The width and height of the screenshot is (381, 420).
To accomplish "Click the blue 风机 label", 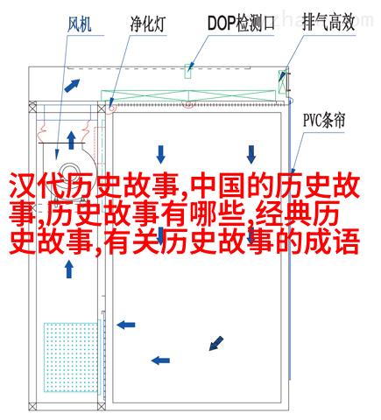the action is pyautogui.click(x=80, y=24).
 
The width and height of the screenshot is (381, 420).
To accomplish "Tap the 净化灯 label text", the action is pyautogui.click(x=148, y=24).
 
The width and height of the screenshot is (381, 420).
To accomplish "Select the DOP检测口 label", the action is pyautogui.click(x=241, y=23).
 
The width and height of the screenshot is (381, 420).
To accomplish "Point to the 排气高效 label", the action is pyautogui.click(x=328, y=23).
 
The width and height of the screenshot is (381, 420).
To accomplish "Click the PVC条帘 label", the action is pyautogui.click(x=324, y=120).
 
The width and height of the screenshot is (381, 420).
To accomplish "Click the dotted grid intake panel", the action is pyautogui.click(x=71, y=357).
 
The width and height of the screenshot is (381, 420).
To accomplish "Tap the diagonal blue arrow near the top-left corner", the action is pyautogui.click(x=72, y=86).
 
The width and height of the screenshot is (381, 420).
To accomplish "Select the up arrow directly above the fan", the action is pyautogui.click(x=71, y=140).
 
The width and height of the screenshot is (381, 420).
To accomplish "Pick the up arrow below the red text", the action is pyautogui.click(x=69, y=269).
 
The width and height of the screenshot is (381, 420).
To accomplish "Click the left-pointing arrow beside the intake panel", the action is pyautogui.click(x=126, y=325).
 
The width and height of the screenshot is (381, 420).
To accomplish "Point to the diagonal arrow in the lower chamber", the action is pyautogui.click(x=216, y=343).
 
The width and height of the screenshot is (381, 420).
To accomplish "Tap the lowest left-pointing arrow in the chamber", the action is pyautogui.click(x=160, y=360).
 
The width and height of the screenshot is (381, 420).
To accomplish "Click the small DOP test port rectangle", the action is pyautogui.click(x=188, y=71).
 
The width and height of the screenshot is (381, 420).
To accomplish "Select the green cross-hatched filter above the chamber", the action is pyautogui.click(x=188, y=95).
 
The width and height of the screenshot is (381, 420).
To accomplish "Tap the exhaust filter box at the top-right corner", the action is pyautogui.click(x=282, y=81).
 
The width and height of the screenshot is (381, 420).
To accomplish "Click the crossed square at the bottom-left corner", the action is pyautogui.click(x=32, y=406).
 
